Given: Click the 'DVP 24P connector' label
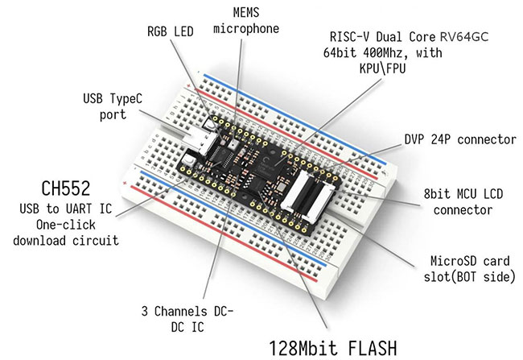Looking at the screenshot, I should [x=459, y=139].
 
